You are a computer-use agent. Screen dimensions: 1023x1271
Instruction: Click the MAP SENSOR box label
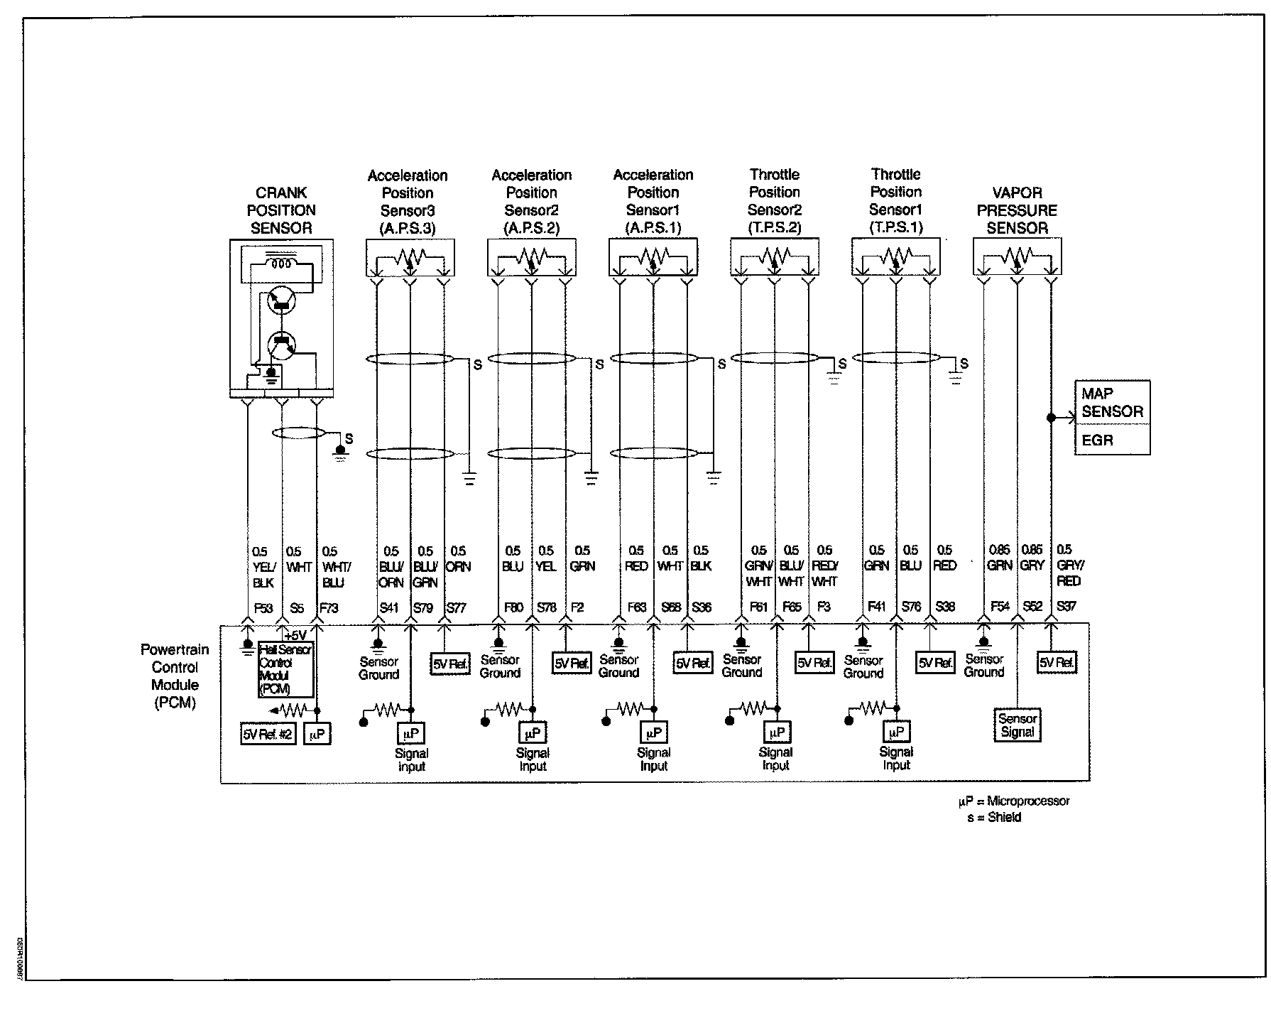1112,402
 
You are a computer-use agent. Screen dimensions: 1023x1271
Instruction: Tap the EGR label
1097,440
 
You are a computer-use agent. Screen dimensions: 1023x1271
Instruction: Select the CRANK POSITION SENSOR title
281,210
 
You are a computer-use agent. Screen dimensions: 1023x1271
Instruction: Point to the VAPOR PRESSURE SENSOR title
1017,210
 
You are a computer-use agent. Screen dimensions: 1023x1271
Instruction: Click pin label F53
263,608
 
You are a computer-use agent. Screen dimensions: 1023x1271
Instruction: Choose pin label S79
422,608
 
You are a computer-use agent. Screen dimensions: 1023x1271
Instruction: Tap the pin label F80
513,608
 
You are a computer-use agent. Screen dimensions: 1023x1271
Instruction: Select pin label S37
1067,607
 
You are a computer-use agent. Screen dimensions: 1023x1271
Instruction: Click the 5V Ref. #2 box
268,735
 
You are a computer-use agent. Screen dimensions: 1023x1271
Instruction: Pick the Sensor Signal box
1018,725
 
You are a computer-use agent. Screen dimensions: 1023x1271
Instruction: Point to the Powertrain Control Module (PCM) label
175,676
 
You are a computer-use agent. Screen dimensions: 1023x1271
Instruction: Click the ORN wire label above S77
458,567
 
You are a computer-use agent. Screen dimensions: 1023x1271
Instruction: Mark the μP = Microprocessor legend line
1014,801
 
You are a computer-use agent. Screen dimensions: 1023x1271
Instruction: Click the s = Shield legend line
994,818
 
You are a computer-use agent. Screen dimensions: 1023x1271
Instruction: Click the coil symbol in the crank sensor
281,263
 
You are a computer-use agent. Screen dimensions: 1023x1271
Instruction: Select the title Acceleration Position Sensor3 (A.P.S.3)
408,202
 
